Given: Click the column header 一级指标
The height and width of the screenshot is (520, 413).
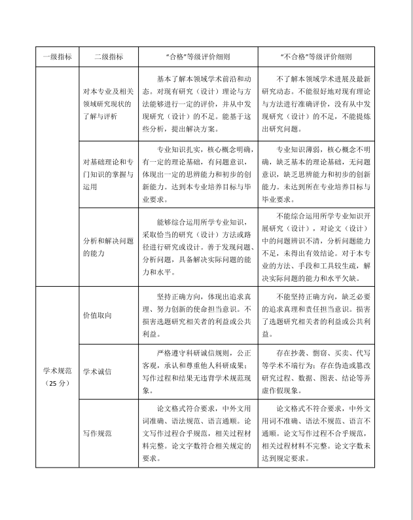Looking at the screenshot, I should click(x=57, y=56).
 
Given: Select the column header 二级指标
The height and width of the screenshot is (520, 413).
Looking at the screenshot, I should click(x=109, y=56).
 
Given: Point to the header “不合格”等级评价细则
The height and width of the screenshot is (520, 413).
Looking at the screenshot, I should click(x=315, y=56).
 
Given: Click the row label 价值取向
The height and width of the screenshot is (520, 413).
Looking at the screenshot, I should click(x=97, y=315).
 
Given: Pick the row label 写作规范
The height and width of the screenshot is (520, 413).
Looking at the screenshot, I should click(x=97, y=433).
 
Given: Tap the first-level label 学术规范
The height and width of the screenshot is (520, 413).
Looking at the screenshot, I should click(x=56, y=371).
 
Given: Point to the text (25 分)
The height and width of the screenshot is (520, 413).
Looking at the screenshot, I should click(x=56, y=382).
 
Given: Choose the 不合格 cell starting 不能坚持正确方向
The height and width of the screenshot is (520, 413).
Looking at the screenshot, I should click(x=315, y=314).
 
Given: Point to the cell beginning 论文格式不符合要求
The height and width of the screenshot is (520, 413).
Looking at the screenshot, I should click(x=315, y=433).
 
